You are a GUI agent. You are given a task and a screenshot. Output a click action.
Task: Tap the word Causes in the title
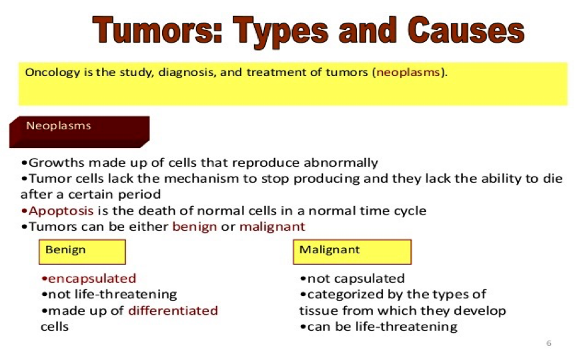(466, 29)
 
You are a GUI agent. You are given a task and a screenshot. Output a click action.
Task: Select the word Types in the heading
(281, 32)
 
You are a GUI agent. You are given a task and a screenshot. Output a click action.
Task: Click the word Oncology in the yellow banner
(53, 73)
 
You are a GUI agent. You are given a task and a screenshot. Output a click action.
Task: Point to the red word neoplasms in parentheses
(408, 72)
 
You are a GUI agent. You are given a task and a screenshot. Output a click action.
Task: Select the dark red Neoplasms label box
(79, 132)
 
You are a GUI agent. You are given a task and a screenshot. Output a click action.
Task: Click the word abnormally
(341, 163)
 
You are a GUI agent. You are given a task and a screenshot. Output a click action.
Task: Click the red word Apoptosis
(61, 211)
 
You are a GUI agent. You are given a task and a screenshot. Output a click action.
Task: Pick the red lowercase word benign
(194, 227)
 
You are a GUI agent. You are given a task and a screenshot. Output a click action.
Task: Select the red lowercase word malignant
(272, 227)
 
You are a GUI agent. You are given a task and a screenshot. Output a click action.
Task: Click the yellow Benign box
(82, 252)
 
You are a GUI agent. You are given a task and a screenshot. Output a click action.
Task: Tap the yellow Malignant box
(352, 252)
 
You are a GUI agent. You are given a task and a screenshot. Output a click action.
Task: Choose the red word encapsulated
(92, 279)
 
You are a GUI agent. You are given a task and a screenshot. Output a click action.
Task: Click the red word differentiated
(173, 311)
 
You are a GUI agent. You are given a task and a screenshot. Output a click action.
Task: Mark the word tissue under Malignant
(318, 311)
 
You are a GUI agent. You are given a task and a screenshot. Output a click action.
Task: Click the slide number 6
(549, 343)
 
